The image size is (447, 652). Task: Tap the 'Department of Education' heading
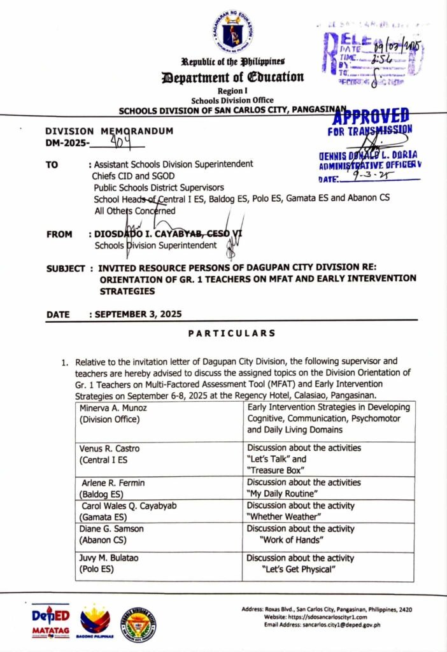pos(234,78)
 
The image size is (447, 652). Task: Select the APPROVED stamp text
pos(371,117)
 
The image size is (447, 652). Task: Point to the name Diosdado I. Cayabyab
pos(145,234)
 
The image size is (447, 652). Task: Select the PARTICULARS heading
pos(232,333)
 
